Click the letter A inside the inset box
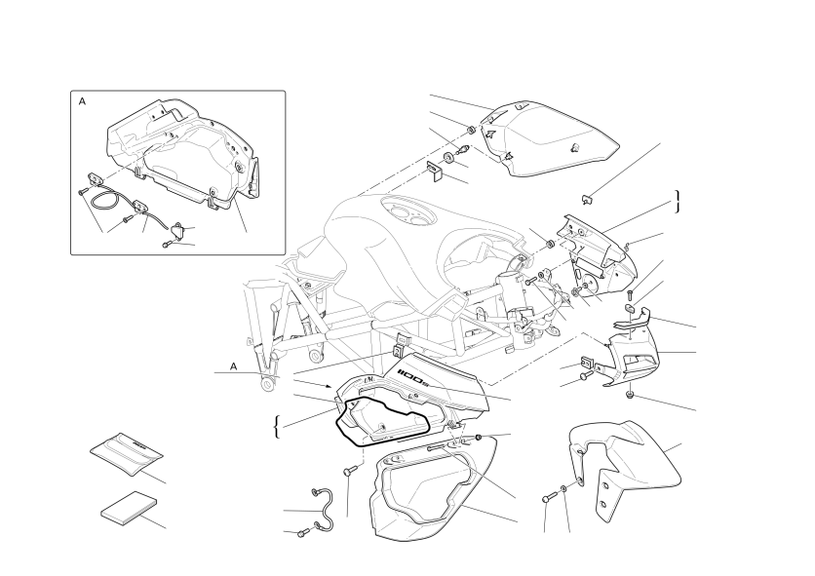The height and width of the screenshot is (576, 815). pos(82,102)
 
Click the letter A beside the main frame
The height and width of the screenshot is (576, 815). pos(234,367)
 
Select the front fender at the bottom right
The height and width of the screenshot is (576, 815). pos(625,468)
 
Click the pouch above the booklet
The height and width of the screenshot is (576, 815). pos(127,453)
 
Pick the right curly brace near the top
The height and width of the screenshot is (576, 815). pos(678,202)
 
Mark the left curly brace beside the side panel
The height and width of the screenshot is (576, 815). pos(277,427)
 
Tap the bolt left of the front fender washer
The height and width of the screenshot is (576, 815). pos(547,498)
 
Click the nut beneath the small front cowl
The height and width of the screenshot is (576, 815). pos(630,396)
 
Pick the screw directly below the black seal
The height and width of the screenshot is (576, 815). pos(348,471)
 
